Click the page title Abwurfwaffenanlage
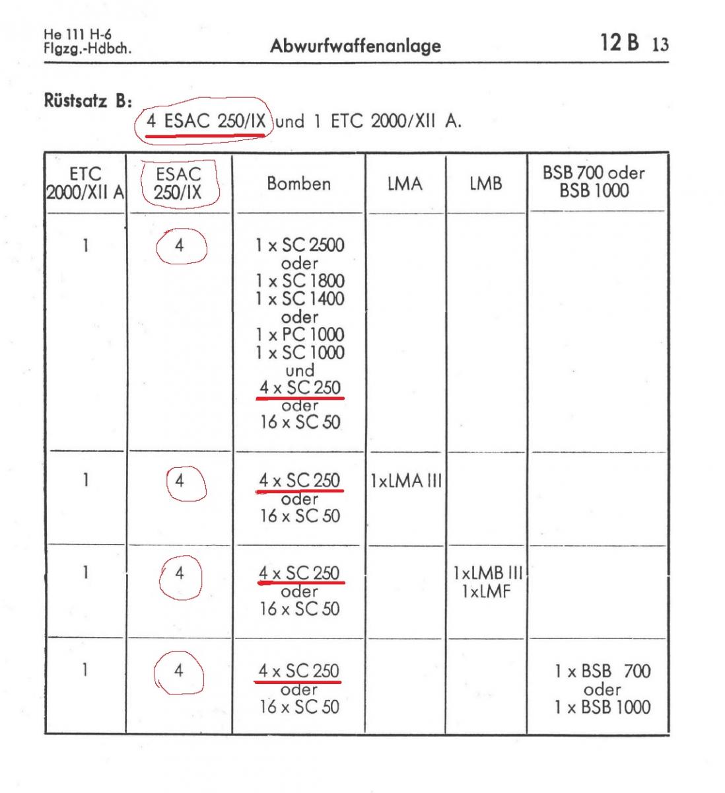(355, 46)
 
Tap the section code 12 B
(619, 42)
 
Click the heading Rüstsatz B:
(88, 100)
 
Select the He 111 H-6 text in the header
(77, 34)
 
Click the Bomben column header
(298, 184)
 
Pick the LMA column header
(405, 184)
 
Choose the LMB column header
(486, 184)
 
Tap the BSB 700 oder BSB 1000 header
(594, 182)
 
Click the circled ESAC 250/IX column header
(178, 184)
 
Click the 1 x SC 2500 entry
(300, 245)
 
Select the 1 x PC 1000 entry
(300, 335)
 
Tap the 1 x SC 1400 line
(300, 299)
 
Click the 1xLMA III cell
(406, 481)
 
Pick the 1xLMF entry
(487, 591)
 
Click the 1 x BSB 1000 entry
(603, 707)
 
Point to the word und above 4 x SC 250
(300, 371)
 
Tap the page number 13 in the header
(660, 44)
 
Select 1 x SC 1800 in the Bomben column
(300, 281)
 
